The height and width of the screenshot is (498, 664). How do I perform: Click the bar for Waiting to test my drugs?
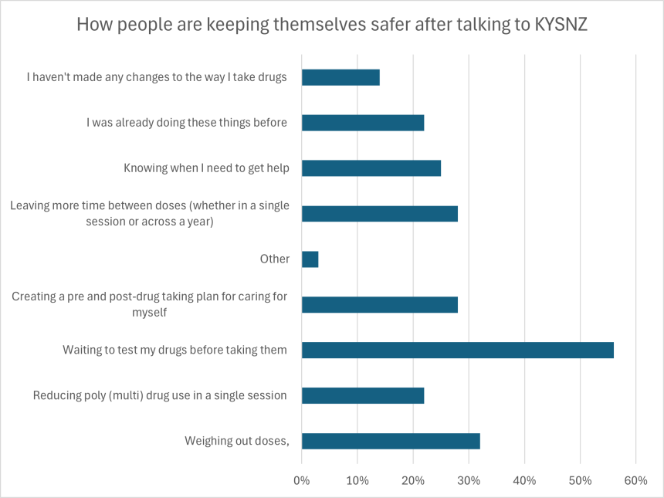[457, 350]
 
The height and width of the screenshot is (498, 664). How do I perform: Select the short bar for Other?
[310, 259]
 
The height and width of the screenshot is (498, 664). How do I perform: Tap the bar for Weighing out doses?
[391, 441]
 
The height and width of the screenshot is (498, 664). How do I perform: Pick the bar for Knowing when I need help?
[371, 168]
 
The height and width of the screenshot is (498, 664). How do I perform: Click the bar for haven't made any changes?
[340, 77]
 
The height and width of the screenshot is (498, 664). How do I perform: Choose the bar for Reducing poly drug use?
[363, 395]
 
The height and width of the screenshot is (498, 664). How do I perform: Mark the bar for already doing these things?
[363, 123]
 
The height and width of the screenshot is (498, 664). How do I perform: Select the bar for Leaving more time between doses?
[379, 214]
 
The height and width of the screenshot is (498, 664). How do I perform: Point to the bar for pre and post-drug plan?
[379, 304]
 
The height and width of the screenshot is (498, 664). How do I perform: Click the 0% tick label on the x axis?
[302, 480]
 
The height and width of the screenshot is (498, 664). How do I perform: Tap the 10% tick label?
[357, 480]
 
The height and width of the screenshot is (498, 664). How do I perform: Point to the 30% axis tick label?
[469, 480]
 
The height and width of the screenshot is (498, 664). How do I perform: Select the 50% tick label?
[580, 480]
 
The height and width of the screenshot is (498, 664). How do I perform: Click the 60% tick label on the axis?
[635, 480]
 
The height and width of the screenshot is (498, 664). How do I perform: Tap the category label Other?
[274, 259]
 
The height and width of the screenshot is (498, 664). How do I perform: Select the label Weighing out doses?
[236, 441]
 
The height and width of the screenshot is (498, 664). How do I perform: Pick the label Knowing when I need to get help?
[206, 168]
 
